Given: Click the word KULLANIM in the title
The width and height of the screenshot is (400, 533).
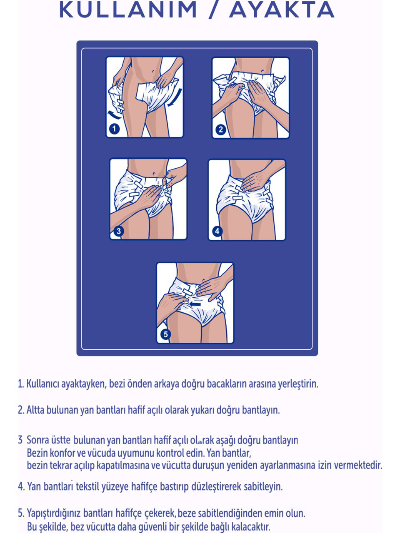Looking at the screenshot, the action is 128,10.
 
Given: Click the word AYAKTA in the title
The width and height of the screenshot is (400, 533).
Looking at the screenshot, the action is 282,10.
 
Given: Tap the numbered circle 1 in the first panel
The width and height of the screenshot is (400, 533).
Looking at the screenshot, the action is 114,129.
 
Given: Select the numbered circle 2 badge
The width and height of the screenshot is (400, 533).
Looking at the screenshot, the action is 220,129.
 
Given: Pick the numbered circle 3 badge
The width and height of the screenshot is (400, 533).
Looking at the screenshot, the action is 118,231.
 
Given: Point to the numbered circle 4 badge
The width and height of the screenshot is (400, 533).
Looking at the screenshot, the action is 217,231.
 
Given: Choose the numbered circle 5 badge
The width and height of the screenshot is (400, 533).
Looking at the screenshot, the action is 166,334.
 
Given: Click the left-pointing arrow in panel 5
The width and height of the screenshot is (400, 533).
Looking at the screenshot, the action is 195,304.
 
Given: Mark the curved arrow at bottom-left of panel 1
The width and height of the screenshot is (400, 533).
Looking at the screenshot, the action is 114,115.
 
